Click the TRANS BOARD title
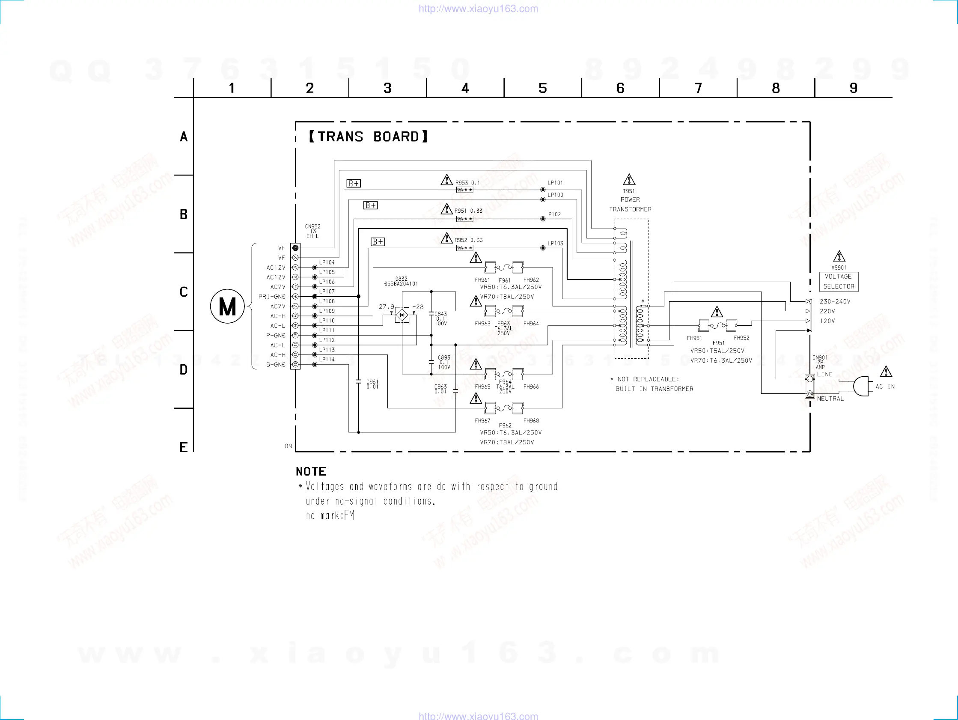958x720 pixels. tap(369, 137)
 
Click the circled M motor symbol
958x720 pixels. tap(227, 307)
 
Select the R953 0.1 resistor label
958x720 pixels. tap(467, 183)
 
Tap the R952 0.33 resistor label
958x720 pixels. tap(468, 240)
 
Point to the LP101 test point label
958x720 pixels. tap(555, 183)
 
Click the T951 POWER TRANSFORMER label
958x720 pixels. tap(630, 200)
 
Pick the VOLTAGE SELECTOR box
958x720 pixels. tap(839, 282)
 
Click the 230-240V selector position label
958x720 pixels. tap(835, 301)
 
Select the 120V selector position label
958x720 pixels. tap(827, 321)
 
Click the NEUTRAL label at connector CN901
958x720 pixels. tap(830, 399)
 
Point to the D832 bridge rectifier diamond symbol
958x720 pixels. tap(402, 315)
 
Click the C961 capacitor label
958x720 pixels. tap(372, 384)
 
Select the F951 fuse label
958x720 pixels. tap(718, 343)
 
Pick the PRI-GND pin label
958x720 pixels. tap(272, 297)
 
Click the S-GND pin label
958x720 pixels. tap(276, 365)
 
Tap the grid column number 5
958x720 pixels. tap(543, 88)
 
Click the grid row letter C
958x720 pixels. tap(184, 292)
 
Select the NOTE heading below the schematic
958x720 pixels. tap(311, 471)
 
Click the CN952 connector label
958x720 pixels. tap(312, 226)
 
